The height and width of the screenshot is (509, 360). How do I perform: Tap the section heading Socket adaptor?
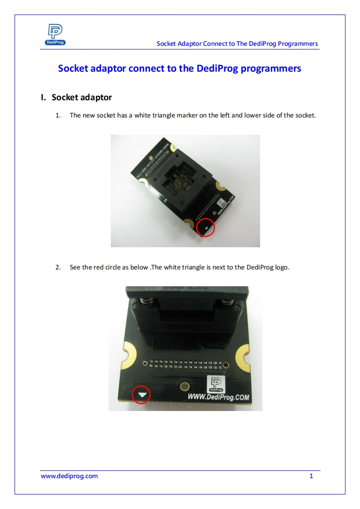82,98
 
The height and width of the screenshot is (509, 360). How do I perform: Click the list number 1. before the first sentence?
58,115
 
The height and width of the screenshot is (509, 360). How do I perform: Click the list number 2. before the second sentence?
58,267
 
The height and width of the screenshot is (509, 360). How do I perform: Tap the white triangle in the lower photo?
143,395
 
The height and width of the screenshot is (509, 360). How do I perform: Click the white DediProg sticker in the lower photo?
216,384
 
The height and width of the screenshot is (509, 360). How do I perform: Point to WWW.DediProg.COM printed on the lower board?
218,397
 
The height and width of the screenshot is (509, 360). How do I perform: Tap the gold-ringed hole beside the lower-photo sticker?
184,387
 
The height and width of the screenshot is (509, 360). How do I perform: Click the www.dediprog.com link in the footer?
69,476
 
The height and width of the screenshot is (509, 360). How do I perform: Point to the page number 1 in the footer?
311,476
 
